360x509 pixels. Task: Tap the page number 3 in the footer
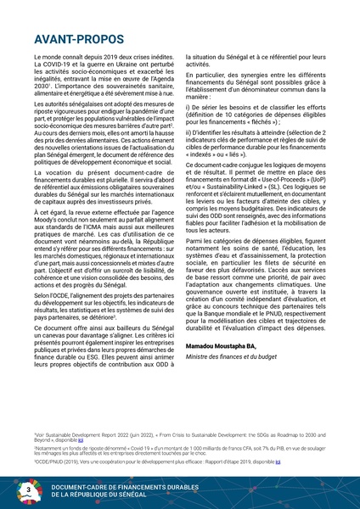click(30, 491)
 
